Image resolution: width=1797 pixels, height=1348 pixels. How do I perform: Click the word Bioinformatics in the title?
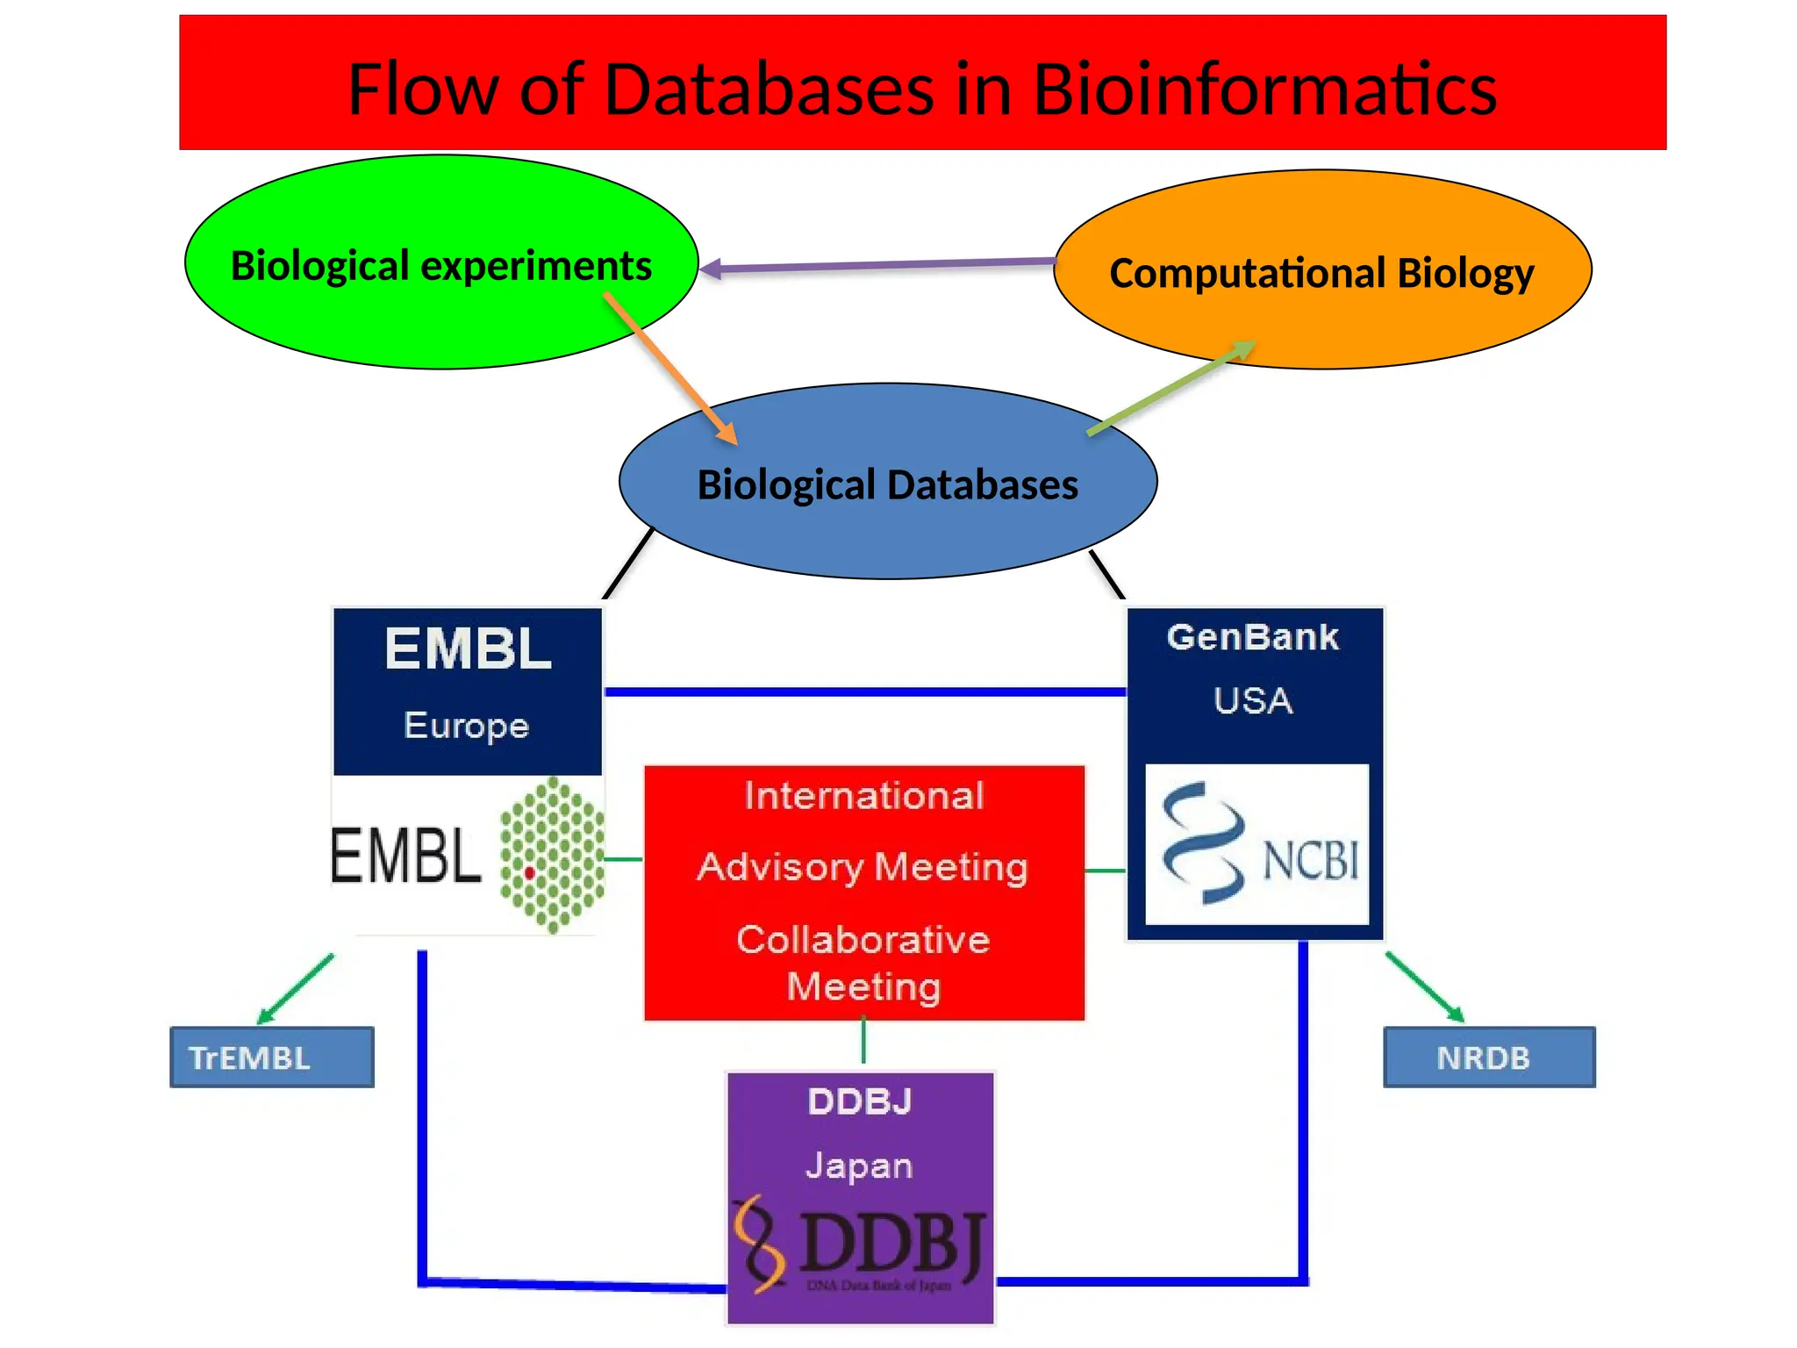(x=1264, y=90)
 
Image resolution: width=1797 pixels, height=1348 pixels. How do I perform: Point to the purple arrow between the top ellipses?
(x=877, y=265)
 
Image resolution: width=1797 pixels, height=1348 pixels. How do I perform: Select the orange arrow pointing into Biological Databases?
(x=671, y=369)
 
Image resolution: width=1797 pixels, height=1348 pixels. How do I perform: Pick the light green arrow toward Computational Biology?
(x=1171, y=389)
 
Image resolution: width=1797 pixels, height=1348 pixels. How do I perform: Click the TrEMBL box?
(x=272, y=1058)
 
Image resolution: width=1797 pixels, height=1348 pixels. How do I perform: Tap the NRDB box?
(x=1489, y=1058)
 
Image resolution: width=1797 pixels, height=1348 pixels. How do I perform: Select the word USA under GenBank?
(x=1253, y=701)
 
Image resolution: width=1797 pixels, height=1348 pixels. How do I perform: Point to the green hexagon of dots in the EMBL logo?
(x=553, y=854)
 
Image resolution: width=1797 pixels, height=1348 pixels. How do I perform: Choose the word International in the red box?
(x=864, y=796)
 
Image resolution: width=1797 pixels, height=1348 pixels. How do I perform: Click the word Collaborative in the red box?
(x=863, y=940)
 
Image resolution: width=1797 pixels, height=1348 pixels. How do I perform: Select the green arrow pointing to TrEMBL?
(x=296, y=989)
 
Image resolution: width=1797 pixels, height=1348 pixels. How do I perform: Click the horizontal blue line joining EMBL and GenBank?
(x=864, y=692)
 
